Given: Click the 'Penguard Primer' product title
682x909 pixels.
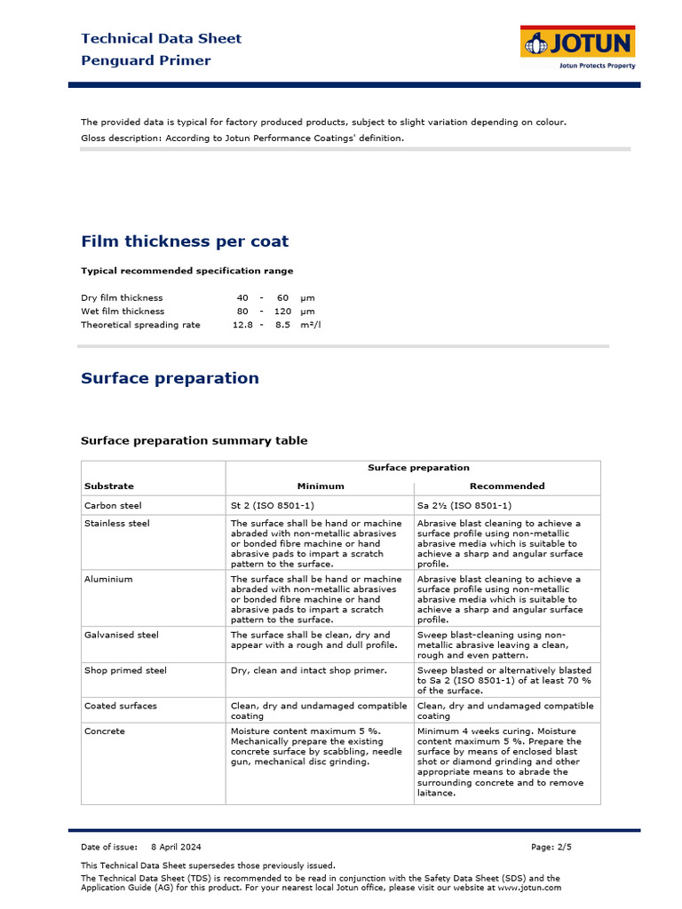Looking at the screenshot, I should pyautogui.click(x=146, y=60).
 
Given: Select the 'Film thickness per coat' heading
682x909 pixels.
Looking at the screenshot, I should pyautogui.click(x=185, y=241).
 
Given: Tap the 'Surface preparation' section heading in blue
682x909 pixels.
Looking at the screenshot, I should pyautogui.click(x=170, y=378).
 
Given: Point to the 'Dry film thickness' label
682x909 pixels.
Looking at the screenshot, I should pyautogui.click(x=122, y=297).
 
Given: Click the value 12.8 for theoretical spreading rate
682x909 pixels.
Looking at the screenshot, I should pyautogui.click(x=242, y=325).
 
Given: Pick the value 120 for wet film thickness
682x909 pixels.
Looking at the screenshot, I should pyautogui.click(x=282, y=312).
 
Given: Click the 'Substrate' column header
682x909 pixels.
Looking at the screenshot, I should pyautogui.click(x=108, y=486).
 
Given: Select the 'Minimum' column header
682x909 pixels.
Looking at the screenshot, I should pyautogui.click(x=320, y=486).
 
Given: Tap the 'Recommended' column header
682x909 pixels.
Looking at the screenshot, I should pyautogui.click(x=506, y=486).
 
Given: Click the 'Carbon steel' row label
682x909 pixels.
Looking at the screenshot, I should pyautogui.click(x=113, y=505).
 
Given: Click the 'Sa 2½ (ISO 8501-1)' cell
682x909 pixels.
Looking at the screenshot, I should pyautogui.click(x=464, y=505).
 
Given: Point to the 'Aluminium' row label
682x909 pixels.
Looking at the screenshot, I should pyautogui.click(x=108, y=579).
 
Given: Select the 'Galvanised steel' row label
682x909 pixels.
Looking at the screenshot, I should pyautogui.click(x=121, y=635).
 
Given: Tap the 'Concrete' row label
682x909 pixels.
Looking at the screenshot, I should pyautogui.click(x=105, y=731).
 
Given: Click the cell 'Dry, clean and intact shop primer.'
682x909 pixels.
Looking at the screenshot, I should pyautogui.click(x=308, y=670).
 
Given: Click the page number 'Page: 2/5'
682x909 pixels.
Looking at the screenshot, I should pyautogui.click(x=551, y=847).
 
